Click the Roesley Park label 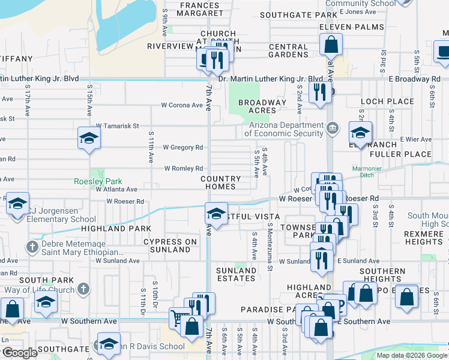(x=98, y=181)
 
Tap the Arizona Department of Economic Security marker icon (x=332, y=127)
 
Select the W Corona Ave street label (x=182, y=105)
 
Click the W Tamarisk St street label (x=117, y=126)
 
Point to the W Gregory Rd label (x=183, y=148)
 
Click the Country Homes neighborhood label (x=221, y=182)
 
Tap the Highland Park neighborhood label (x=116, y=229)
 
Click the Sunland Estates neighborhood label (x=236, y=274)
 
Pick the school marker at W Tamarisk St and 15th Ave (x=88, y=139)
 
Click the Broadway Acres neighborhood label (x=262, y=106)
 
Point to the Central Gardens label (x=289, y=50)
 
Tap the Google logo (x=20, y=353)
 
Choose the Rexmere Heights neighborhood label (x=424, y=238)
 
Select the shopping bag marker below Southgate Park (x=331, y=44)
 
